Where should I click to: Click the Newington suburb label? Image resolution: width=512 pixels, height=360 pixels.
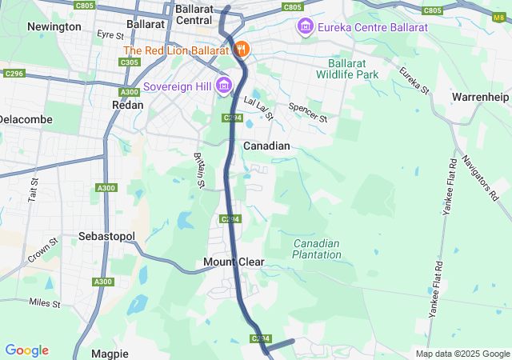click(54, 26)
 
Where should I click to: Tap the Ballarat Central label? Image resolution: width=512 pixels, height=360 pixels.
click(193, 14)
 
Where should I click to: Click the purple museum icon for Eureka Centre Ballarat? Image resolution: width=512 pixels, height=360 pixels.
click(305, 28)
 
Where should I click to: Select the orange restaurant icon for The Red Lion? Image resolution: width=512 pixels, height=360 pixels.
click(242, 50)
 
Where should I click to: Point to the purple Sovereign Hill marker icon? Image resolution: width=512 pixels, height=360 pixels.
click(223, 86)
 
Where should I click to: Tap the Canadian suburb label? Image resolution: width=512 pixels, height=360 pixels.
click(266, 146)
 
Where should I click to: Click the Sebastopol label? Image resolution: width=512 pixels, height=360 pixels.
click(107, 237)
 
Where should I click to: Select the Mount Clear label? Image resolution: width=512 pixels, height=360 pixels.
click(234, 262)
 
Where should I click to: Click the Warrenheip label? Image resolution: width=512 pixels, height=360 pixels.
click(480, 97)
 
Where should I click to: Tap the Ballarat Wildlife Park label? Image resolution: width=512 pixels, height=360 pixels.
click(353, 68)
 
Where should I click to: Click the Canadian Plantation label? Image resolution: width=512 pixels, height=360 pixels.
click(316, 249)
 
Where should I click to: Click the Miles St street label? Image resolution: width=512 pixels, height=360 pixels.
click(45, 302)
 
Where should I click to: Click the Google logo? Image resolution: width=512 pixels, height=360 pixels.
click(26, 350)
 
